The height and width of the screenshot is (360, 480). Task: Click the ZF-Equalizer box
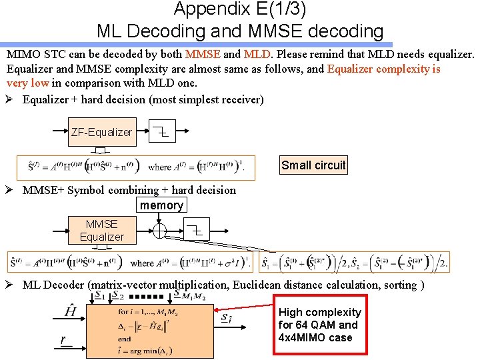pyautogui.click(x=101, y=132)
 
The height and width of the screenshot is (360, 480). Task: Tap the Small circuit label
pyautogui.click(x=313, y=165)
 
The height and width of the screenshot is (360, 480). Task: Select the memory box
pyautogui.click(x=161, y=205)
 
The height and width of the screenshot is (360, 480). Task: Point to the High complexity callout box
pyautogui.click(x=319, y=325)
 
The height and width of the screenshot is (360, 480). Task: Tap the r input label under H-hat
pyautogui.click(x=65, y=341)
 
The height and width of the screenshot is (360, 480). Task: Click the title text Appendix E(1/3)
pyautogui.click(x=240, y=9)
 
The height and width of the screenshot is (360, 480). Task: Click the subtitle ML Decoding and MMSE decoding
pyautogui.click(x=240, y=31)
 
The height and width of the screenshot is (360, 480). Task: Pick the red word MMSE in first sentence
pyautogui.click(x=203, y=53)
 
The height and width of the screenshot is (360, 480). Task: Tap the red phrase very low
pyautogui.click(x=27, y=83)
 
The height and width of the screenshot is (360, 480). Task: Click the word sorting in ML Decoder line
pyautogui.click(x=398, y=285)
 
